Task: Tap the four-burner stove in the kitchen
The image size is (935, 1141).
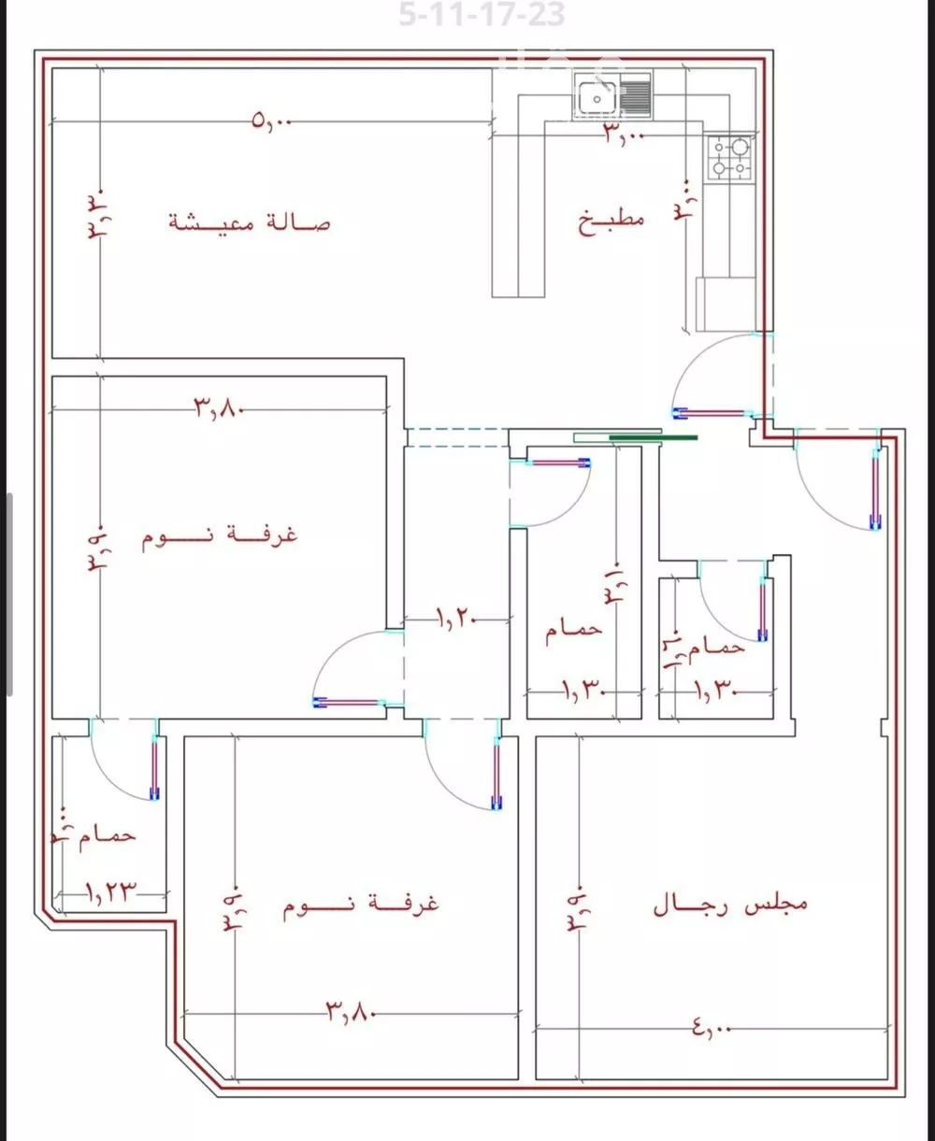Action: tap(729, 158)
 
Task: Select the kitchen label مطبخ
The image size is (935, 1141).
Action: tap(611, 221)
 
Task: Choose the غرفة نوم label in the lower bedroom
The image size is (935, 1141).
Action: tap(361, 904)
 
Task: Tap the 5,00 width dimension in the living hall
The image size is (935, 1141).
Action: tap(272, 121)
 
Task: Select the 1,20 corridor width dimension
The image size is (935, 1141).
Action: tap(457, 618)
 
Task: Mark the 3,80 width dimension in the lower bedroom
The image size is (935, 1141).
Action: tap(351, 1010)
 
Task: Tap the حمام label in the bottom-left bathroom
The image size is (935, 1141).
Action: tap(108, 834)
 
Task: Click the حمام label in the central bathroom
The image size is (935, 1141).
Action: tap(573, 630)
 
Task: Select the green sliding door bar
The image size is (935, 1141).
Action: tap(653, 435)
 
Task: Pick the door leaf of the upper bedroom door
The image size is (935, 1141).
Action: tap(352, 702)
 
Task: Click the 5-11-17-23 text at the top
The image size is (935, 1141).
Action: tap(482, 15)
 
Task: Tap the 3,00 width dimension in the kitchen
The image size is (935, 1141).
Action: tap(624, 134)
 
